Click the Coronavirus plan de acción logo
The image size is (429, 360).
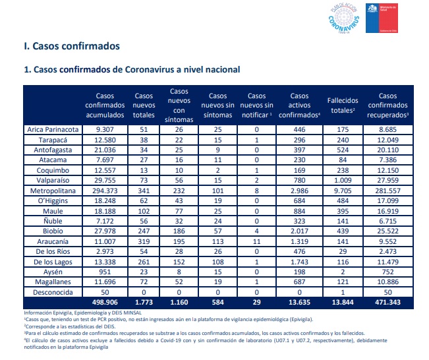(343, 19)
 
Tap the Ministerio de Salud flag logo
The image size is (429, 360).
(382, 18)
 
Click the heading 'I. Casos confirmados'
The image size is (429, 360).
(72, 46)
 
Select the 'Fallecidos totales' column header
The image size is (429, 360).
(343, 105)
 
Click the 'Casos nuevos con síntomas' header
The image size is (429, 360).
(179, 105)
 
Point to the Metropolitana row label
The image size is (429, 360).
(53, 191)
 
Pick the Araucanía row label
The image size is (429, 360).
(53, 241)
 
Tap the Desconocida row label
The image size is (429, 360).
(53, 292)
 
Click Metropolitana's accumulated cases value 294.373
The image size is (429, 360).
(105, 191)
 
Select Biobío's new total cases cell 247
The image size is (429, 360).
(144, 231)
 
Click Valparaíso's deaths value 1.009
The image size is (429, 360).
(343, 181)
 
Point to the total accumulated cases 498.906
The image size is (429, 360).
(105, 302)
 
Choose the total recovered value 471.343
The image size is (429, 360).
(387, 302)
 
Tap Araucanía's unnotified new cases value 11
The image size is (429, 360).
(256, 241)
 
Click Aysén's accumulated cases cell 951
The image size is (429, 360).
(105, 272)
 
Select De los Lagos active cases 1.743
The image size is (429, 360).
(299, 262)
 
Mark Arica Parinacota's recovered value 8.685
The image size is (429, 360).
(387, 129)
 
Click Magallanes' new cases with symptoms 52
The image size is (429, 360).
(179, 282)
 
